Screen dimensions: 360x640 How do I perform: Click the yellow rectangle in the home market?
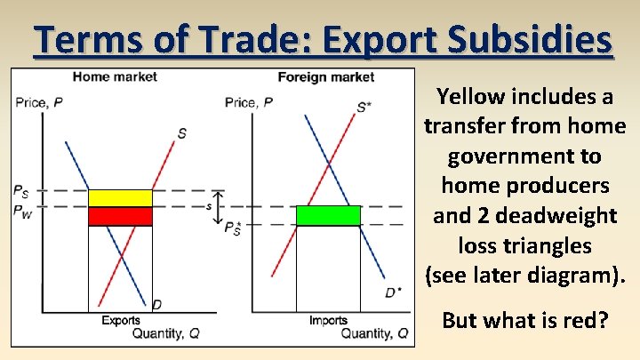[120, 197]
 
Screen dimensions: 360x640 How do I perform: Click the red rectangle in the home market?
[120, 216]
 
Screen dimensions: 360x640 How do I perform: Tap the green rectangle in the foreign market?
[328, 216]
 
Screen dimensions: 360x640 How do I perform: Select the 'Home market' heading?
[115, 76]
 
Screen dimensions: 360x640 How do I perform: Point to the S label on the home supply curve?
[182, 133]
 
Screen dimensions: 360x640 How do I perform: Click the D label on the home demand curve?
[156, 305]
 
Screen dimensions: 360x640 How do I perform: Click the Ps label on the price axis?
[20, 190]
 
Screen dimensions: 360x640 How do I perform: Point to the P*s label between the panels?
[232, 228]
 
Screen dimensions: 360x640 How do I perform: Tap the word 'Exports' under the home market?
[120, 320]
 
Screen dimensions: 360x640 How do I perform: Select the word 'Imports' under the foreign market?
[328, 320]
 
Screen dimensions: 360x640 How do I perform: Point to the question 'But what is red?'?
[524, 319]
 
